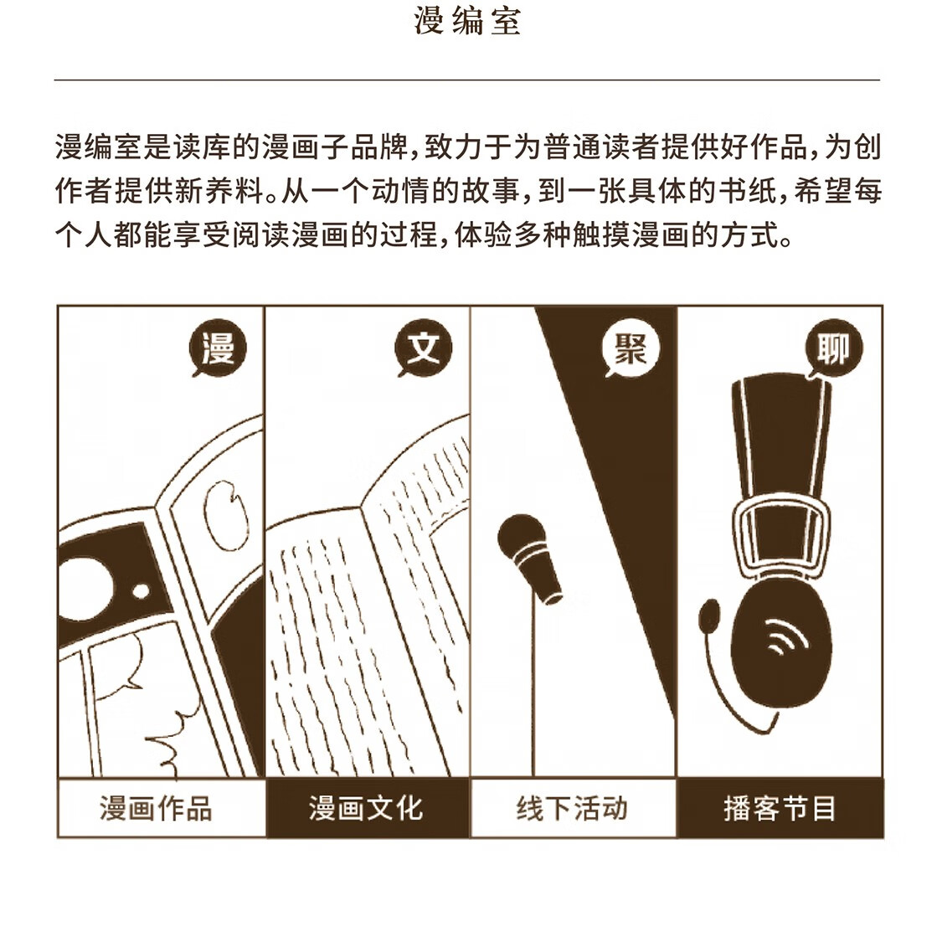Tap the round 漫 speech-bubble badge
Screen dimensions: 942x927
tap(218, 348)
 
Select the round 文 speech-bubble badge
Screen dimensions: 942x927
tap(424, 348)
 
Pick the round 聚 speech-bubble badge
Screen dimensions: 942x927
tap(631, 348)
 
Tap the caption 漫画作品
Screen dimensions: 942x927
tap(156, 808)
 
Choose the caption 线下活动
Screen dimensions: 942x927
tap(572, 808)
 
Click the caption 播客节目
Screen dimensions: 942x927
tap(780, 808)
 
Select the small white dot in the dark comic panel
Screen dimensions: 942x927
tap(141, 590)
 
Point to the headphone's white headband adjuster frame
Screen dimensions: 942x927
tap(780, 536)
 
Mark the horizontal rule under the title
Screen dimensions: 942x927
tap(466, 80)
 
